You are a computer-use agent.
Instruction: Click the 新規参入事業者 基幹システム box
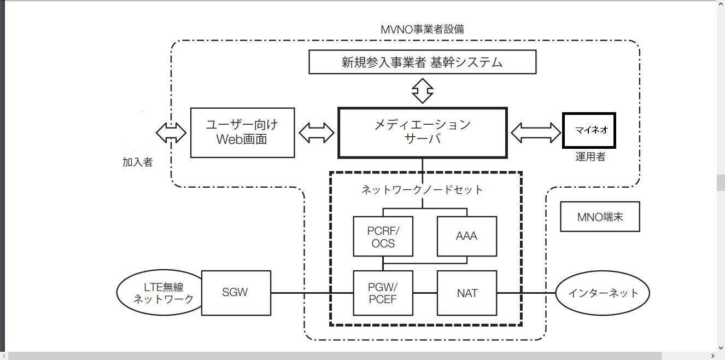(422, 62)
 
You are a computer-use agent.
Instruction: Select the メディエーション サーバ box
(422, 132)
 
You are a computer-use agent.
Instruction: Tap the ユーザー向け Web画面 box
(242, 132)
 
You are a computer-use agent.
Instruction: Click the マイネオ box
(589, 131)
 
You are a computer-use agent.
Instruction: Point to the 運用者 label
(590, 157)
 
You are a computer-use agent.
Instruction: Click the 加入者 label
(137, 162)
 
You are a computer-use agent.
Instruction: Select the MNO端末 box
(600, 217)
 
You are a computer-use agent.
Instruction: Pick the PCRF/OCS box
(383, 236)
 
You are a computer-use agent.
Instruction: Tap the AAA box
(466, 236)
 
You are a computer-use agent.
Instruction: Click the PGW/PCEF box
(383, 293)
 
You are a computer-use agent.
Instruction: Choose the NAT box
(466, 293)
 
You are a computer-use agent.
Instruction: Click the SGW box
(236, 292)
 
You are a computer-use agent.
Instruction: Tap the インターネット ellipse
(603, 293)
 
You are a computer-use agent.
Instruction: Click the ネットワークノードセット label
(422, 190)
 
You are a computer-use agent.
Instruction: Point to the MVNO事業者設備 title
(422, 30)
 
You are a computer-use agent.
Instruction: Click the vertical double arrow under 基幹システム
(422, 90)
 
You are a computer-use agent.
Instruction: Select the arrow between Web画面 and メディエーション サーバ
(317, 132)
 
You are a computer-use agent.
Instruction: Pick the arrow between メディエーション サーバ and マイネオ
(535, 132)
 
